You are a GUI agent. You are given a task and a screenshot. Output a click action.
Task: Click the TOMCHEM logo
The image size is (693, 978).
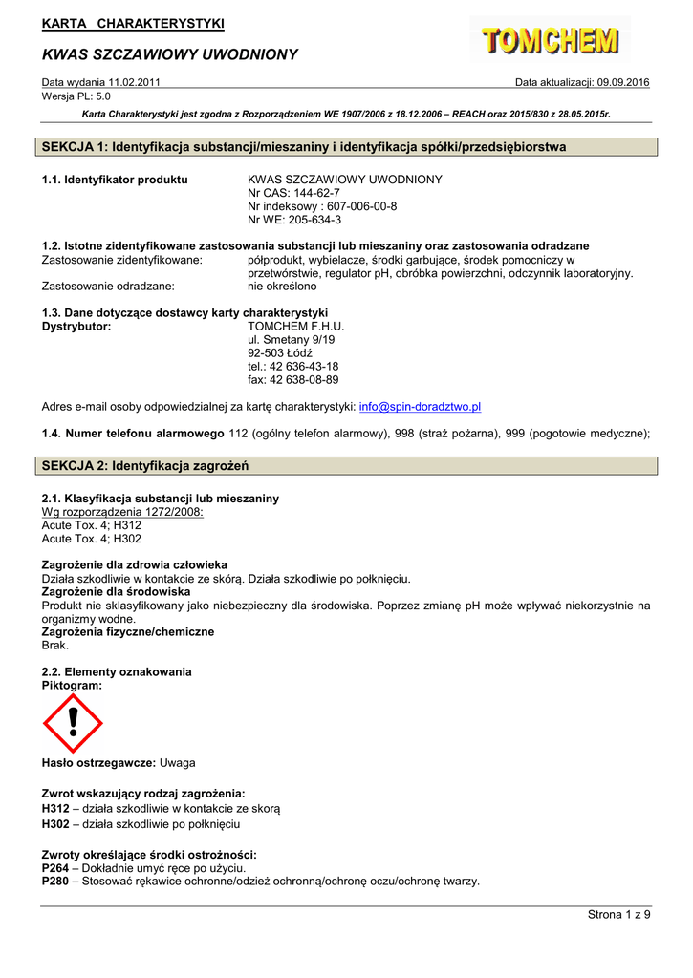click(550, 40)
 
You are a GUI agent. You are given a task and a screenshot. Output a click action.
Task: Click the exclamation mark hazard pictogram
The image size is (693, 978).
click(73, 724)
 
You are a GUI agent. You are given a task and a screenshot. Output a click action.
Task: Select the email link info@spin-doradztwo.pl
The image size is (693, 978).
click(420, 406)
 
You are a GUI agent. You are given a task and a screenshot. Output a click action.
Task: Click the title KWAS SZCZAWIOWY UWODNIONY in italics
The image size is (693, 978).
click(170, 54)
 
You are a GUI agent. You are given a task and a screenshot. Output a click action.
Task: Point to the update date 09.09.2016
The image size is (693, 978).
click(622, 83)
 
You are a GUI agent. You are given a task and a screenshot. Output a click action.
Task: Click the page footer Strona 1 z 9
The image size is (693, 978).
click(618, 916)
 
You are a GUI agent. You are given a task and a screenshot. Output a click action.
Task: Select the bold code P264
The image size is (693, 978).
click(55, 868)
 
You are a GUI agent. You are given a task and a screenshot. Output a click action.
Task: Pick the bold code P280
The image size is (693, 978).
click(55, 882)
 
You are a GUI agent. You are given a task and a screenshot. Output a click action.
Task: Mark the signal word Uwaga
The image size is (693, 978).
click(178, 763)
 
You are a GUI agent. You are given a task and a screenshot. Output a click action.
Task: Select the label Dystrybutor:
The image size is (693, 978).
click(76, 326)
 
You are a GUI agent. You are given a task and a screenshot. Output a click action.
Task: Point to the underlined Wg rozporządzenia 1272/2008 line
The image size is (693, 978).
click(122, 512)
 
